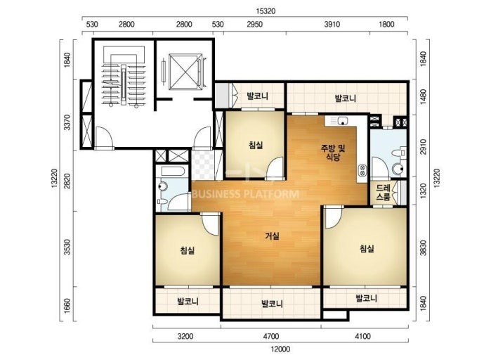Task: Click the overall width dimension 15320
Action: [266, 11]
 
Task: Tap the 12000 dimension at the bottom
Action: [280, 349]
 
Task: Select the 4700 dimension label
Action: [271, 337]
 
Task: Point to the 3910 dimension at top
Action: [332, 24]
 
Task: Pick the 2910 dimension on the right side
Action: [423, 147]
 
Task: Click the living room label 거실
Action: [272, 236]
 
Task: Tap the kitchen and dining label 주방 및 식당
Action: [333, 153]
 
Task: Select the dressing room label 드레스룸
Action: [384, 193]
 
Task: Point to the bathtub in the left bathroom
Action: [174, 171]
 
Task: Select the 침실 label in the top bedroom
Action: [256, 145]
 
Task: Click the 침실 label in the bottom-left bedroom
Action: [188, 250]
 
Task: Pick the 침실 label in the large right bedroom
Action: [367, 249]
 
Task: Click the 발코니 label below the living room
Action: [272, 303]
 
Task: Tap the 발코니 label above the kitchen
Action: [346, 98]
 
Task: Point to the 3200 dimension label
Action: [185, 337]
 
